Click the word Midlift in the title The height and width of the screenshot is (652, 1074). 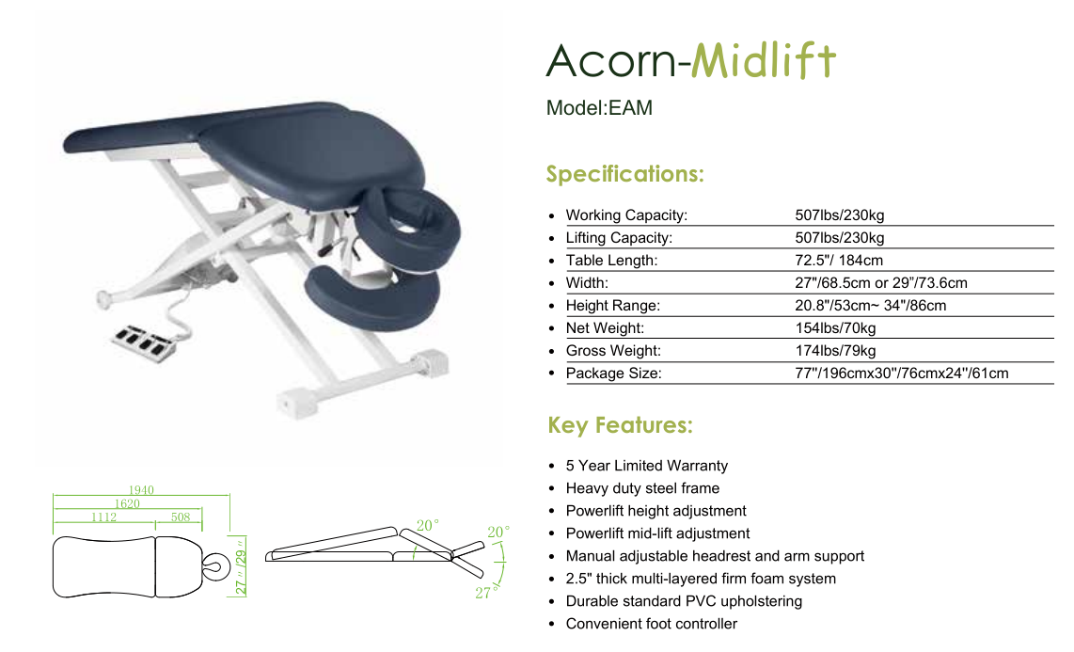(763, 60)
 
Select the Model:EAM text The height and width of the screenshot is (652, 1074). (599, 108)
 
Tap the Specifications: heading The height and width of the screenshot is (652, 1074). (624, 174)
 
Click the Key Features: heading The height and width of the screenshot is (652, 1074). (620, 425)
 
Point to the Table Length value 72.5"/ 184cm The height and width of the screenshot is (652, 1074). (838, 261)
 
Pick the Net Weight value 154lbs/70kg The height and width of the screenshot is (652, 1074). (835, 328)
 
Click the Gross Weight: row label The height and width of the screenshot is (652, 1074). (613, 351)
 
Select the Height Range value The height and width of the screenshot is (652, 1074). (871, 306)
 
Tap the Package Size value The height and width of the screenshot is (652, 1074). (901, 374)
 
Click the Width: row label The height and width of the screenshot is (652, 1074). (586, 283)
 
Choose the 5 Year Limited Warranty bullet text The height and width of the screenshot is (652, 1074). (647, 466)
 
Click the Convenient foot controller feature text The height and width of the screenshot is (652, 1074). (652, 624)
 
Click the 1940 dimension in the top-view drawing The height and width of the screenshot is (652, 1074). (141, 489)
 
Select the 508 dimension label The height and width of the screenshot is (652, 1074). (181, 517)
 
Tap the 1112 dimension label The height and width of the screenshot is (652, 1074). (104, 517)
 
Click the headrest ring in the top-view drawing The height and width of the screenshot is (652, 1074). (215, 566)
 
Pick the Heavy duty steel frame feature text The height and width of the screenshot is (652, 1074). (642, 488)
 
